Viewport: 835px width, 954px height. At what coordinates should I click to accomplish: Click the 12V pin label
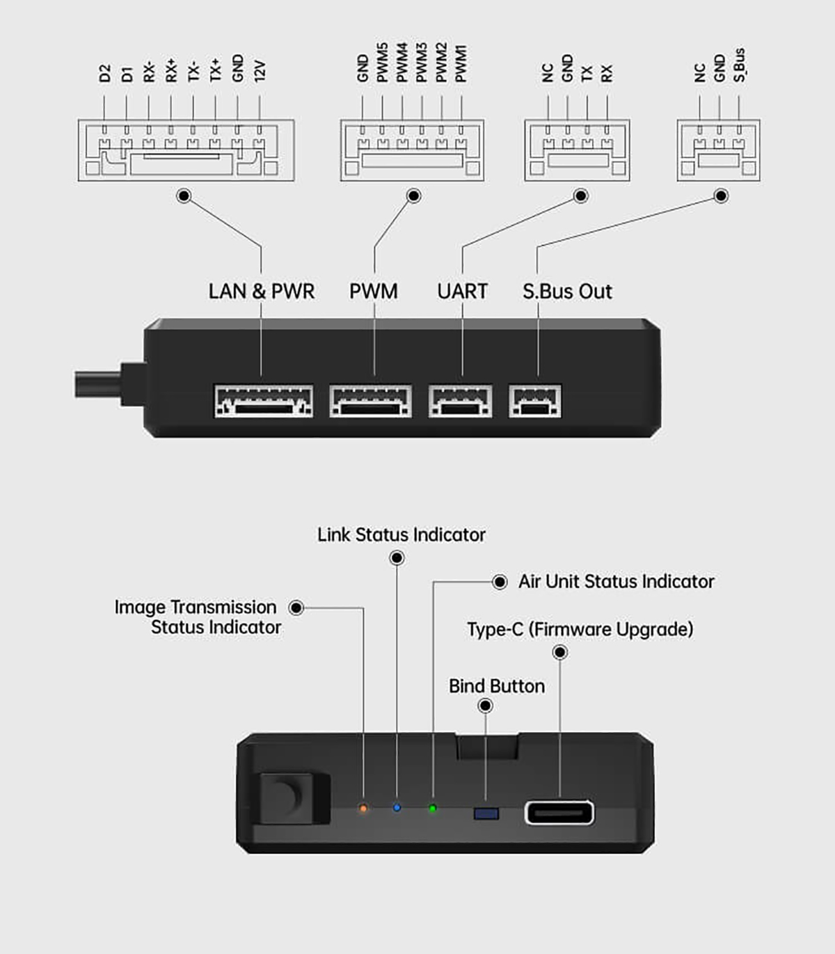(260, 71)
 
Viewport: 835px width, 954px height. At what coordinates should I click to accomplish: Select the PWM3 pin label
(422, 63)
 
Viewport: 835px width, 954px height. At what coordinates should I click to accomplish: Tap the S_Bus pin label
(739, 65)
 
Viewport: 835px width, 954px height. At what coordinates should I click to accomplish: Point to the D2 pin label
(104, 73)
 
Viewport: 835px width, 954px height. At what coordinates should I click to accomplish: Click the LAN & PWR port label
(262, 291)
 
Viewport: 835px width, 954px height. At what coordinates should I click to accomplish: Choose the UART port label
(462, 291)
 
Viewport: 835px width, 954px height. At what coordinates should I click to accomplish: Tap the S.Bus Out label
(567, 291)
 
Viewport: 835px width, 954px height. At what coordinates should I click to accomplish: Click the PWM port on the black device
(370, 402)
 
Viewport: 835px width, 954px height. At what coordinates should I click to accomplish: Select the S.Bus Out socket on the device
(535, 402)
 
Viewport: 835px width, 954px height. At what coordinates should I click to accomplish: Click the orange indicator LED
(363, 809)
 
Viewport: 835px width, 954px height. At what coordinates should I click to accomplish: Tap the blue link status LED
(397, 808)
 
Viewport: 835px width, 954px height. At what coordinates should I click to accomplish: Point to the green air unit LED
(433, 809)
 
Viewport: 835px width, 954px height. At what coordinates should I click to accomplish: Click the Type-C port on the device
(559, 812)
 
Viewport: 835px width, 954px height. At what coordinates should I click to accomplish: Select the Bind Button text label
(497, 686)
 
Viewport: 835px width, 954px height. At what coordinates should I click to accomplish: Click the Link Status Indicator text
(401, 534)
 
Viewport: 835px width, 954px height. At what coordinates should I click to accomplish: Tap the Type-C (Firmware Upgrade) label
(580, 629)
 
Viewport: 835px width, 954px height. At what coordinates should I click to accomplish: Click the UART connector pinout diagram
(577, 150)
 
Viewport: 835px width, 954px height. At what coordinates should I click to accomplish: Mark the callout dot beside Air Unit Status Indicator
(500, 582)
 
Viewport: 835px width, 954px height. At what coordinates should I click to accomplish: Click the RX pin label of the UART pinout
(607, 73)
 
